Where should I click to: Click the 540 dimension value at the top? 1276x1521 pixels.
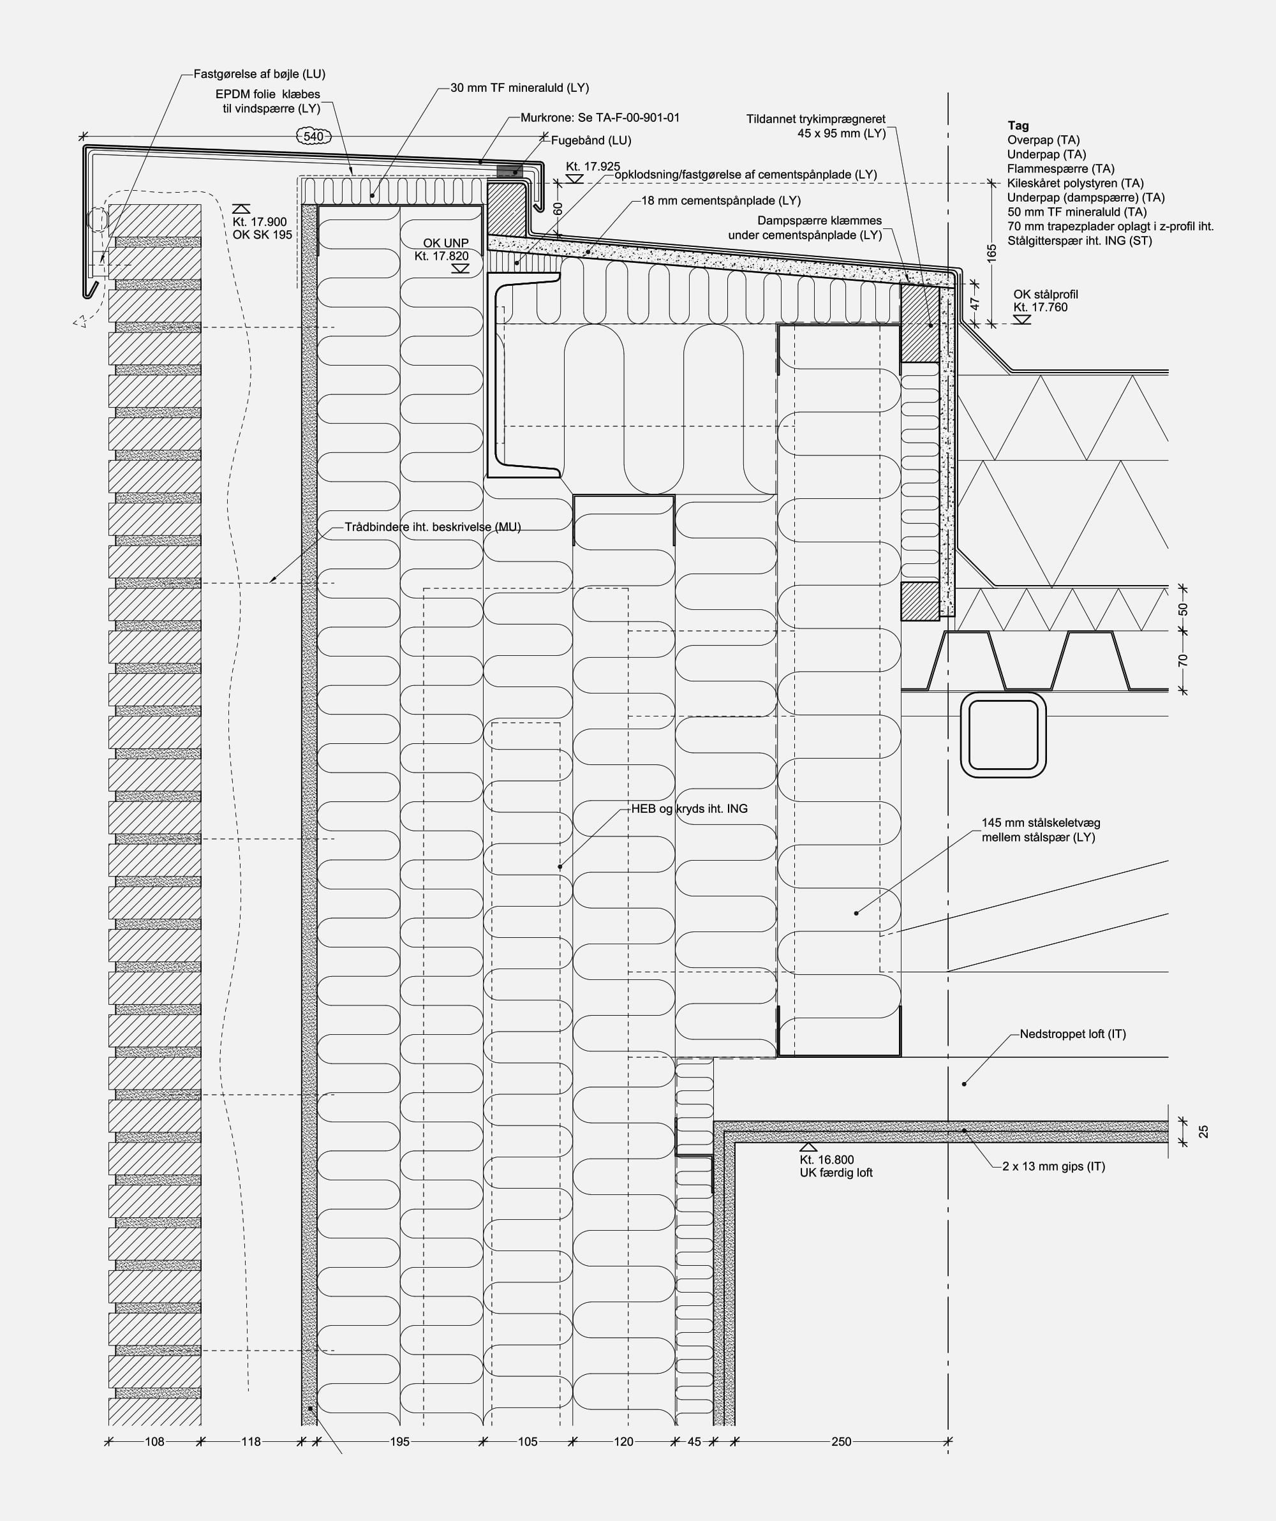point(313,136)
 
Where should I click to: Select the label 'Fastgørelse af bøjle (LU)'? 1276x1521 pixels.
point(259,74)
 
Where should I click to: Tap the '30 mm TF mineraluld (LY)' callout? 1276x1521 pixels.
point(519,87)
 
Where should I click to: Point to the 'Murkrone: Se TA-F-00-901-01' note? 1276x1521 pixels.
point(600,117)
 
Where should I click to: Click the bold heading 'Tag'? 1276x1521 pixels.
point(1018,125)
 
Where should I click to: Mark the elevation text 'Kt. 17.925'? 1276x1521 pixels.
point(593,167)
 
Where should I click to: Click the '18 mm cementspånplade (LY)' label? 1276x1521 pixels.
point(720,200)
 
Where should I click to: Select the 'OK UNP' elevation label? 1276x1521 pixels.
point(445,242)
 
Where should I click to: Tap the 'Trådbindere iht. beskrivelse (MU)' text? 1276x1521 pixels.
point(433,526)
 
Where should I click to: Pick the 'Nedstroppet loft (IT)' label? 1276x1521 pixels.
point(1072,1034)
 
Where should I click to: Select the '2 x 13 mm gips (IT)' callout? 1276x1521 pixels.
point(1054,1166)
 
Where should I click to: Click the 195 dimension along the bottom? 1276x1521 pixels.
point(400,1441)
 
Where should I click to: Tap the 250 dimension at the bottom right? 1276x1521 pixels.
point(841,1441)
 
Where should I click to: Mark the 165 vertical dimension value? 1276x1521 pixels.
point(991,253)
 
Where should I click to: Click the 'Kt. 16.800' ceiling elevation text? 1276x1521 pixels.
point(826,1160)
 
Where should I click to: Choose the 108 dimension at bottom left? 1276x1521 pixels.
point(154,1441)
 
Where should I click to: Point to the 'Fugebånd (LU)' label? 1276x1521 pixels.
point(591,140)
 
